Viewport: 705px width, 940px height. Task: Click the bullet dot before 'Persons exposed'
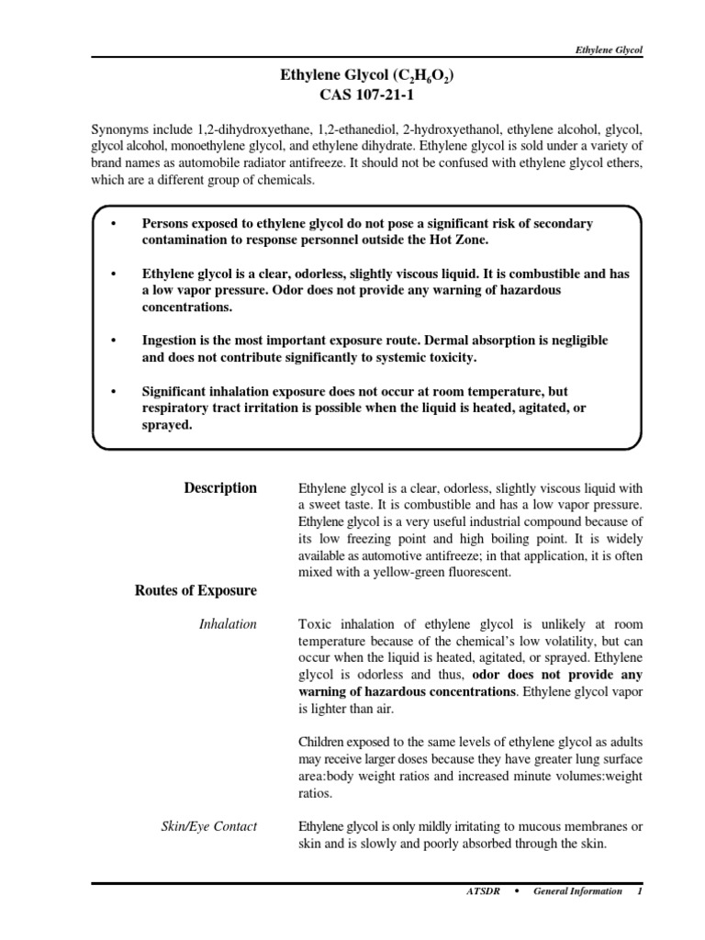113,224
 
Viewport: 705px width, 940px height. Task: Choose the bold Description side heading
220,488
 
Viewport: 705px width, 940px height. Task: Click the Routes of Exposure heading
196,590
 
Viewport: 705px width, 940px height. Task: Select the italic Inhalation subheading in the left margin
228,624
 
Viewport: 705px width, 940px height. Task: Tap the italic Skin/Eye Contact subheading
210,827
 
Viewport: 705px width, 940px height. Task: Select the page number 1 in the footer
639,891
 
